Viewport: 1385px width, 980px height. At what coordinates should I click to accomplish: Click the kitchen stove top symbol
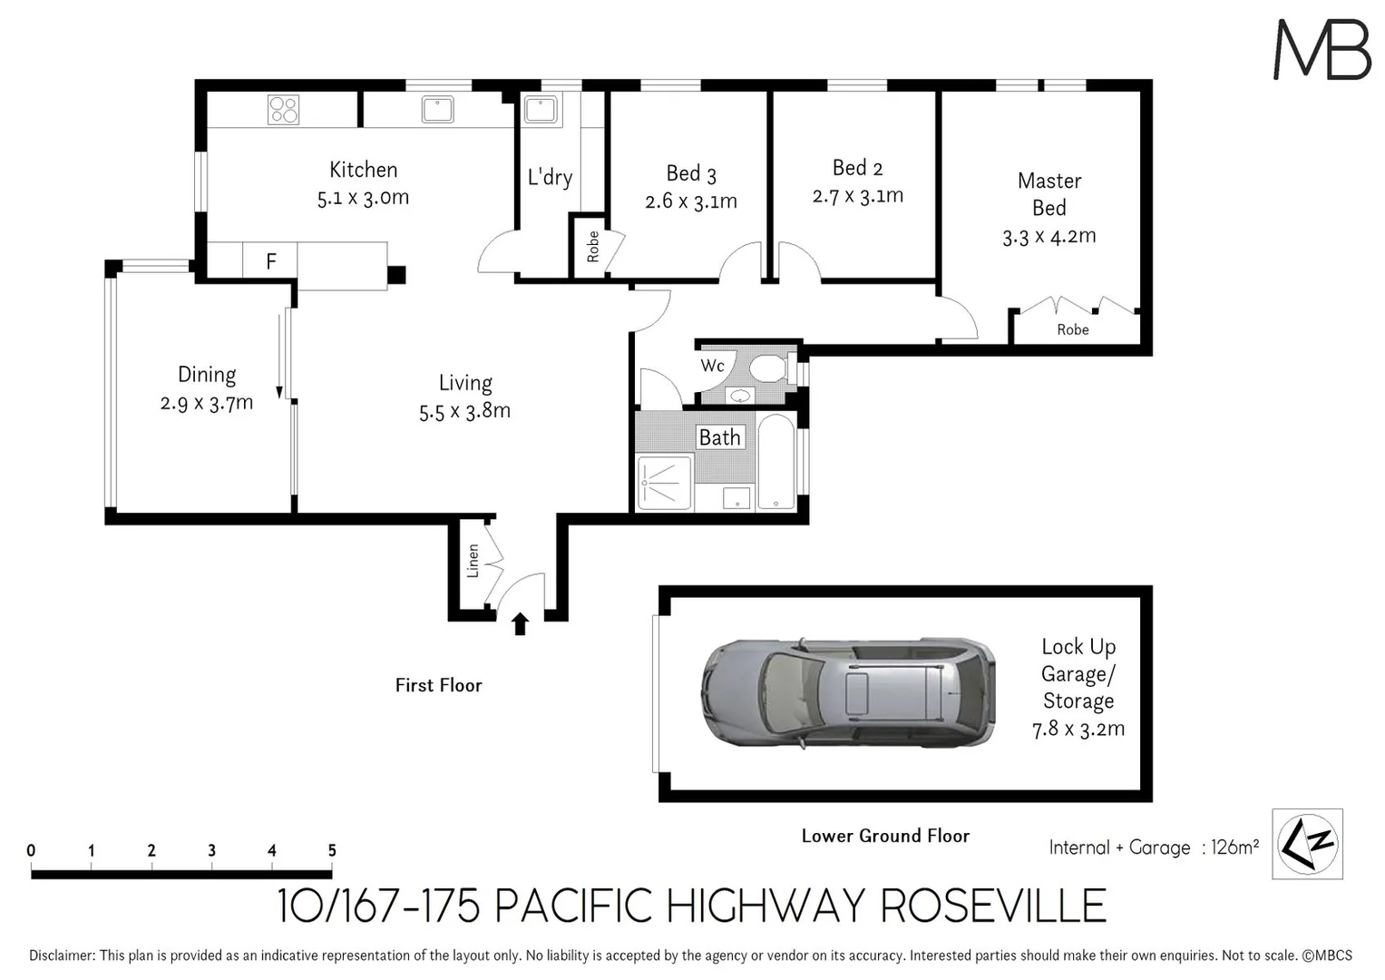point(283,110)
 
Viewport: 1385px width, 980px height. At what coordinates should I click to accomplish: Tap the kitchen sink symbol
point(438,109)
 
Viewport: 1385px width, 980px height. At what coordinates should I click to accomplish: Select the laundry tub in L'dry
point(541,110)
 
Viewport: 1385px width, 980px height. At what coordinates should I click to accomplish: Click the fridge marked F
point(270,262)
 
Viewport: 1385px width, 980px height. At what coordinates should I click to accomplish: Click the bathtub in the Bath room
point(776,462)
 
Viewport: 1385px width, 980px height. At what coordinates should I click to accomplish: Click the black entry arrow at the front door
point(521,623)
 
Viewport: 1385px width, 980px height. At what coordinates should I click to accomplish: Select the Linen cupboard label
point(473,561)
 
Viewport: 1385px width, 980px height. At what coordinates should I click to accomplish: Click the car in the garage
point(847,693)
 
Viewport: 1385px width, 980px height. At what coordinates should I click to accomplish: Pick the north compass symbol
point(1307,844)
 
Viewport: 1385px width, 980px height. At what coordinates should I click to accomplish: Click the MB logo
point(1322,49)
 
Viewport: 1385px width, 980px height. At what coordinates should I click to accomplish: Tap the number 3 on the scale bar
point(211,850)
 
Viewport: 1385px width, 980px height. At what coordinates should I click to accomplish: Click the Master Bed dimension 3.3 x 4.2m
point(1049,237)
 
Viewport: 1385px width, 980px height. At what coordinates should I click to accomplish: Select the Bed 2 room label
point(857,168)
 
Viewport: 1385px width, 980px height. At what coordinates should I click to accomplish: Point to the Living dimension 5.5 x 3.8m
point(464,411)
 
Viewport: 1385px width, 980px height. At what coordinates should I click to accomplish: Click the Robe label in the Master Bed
point(1073,329)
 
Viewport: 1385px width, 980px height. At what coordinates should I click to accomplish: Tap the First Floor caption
point(438,685)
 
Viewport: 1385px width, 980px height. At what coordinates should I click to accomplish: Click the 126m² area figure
point(1234,848)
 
